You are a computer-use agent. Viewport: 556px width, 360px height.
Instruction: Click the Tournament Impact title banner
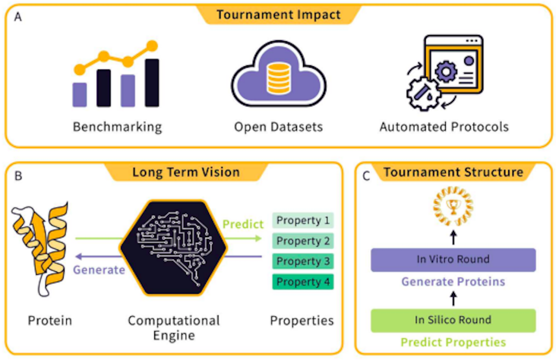[279, 15]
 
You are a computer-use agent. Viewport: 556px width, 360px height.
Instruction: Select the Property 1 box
[303, 220]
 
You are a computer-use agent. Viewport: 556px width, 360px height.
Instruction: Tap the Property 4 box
[303, 282]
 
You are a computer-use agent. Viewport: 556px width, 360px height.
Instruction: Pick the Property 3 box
[303, 261]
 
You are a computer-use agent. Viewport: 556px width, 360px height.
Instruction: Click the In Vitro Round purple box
[453, 260]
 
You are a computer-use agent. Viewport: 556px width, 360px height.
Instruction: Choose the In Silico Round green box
[453, 320]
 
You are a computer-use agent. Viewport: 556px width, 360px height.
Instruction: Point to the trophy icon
[453, 206]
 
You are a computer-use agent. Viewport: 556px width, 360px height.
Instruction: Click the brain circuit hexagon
[173, 248]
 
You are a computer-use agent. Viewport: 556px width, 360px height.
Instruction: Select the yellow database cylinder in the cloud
[279, 78]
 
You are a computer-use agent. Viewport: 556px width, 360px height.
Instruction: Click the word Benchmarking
[117, 127]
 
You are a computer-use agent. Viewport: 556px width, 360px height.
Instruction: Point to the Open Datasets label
[279, 127]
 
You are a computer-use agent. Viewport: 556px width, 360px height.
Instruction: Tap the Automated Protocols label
[444, 127]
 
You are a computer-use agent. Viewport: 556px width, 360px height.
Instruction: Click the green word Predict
[243, 224]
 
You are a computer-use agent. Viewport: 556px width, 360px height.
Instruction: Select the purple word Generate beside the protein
[99, 270]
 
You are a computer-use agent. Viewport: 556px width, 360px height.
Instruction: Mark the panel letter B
[18, 176]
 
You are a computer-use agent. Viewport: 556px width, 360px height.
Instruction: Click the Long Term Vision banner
[186, 172]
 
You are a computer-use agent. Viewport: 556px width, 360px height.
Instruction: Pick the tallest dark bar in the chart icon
[152, 83]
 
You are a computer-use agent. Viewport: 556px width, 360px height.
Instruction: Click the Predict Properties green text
[453, 343]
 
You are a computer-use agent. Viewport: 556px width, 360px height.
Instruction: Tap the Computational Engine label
[174, 328]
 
